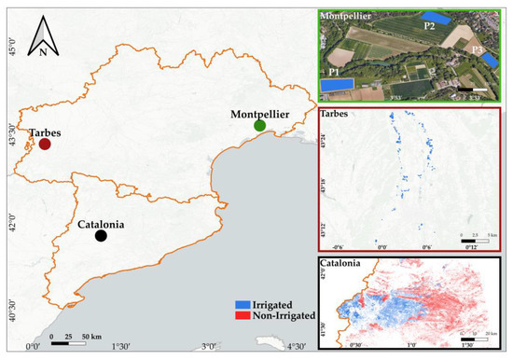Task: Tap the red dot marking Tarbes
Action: tap(45, 144)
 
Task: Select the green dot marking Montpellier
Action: tap(259, 125)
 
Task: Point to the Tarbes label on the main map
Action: tap(45, 132)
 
